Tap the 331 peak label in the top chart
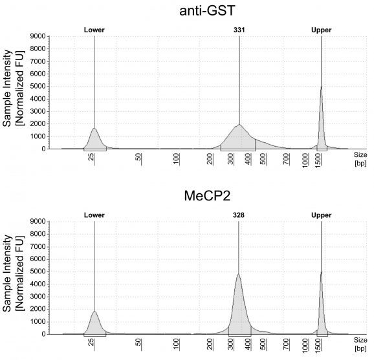pos(239,30)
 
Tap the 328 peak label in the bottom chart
pos(239,215)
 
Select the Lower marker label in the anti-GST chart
pos(94,30)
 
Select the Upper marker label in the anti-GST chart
pos(321,30)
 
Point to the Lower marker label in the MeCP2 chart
pos(94,215)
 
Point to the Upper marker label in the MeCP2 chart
pos(321,215)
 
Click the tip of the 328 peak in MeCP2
pos(238,274)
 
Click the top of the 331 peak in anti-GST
pos(239,125)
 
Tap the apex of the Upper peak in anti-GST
pos(321,87)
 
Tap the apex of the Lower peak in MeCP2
pos(94,312)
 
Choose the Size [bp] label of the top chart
pos(360,159)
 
